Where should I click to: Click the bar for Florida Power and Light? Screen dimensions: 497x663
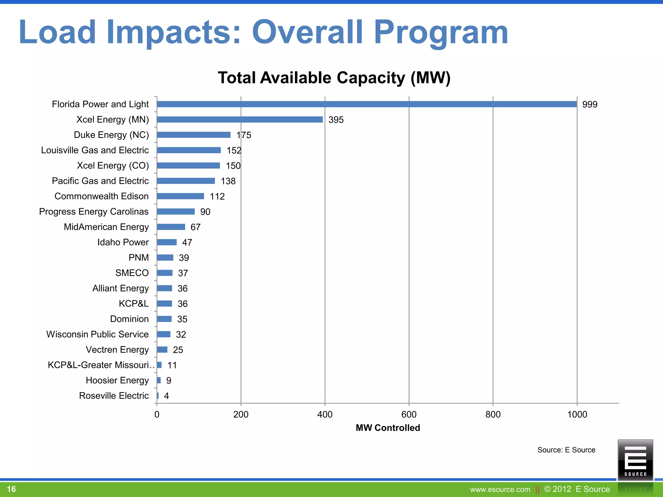(366, 104)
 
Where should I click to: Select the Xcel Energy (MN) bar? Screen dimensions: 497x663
(240, 119)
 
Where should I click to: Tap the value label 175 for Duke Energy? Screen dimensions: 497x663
(244, 135)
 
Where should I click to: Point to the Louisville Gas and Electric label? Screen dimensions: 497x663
(95, 150)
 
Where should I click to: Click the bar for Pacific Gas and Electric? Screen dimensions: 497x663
(186, 181)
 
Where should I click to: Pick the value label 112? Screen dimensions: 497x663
(217, 196)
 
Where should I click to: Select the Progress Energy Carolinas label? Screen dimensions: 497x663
(94, 212)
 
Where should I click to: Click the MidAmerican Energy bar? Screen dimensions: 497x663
(171, 227)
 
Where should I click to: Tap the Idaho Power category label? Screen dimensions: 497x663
(123, 242)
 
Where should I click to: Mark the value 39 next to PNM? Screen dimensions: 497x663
(184, 258)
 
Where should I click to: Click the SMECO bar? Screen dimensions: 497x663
(165, 273)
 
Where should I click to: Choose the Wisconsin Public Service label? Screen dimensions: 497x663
(97, 334)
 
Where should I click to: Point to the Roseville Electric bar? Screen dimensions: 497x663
(158, 396)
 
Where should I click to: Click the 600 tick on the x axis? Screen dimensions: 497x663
(409, 414)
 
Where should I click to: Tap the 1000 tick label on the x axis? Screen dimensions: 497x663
(577, 414)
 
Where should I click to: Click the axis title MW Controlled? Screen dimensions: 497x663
(388, 428)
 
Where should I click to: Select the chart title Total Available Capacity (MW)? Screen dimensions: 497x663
(334, 78)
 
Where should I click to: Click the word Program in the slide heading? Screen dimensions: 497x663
(441, 32)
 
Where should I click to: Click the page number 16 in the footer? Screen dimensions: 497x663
(11, 489)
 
